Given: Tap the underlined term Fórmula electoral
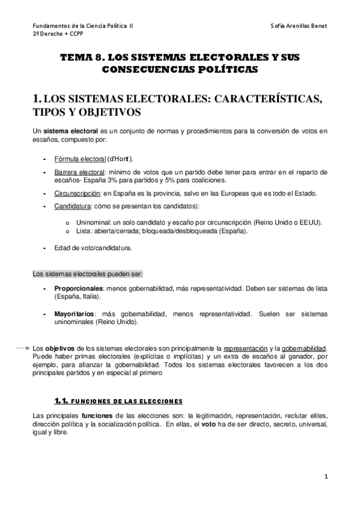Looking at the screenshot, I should pos(80,159).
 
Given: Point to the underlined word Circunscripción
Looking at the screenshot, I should pos(78,193).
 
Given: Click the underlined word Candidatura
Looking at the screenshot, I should pos(73,206).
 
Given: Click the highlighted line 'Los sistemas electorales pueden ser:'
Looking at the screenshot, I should pos(87,274).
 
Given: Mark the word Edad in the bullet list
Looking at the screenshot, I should pos(61,247).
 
